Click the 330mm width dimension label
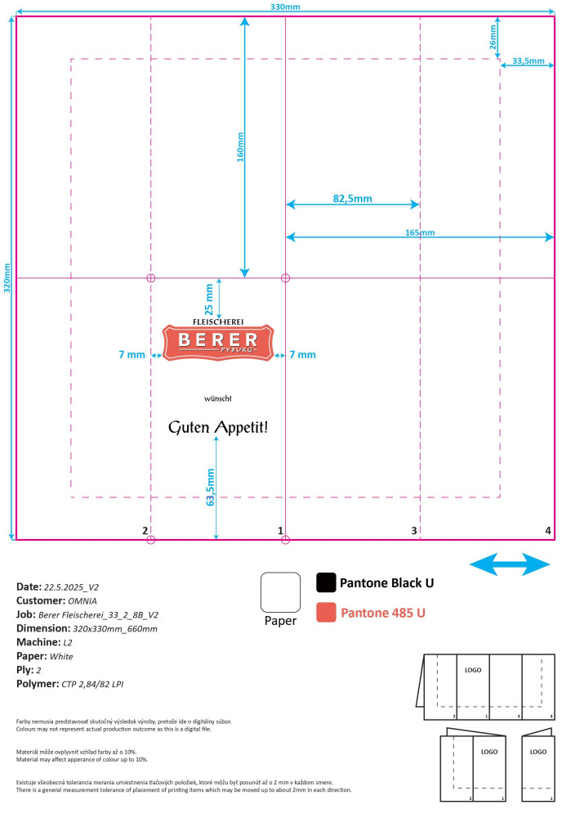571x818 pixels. [x=285, y=7]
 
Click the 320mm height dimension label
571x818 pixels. [x=8, y=279]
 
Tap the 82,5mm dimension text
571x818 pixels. [x=352, y=199]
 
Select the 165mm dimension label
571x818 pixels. [x=420, y=232]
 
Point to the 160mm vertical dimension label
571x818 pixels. [x=240, y=148]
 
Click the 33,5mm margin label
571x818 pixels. [x=528, y=61]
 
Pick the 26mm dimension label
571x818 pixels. [x=493, y=42]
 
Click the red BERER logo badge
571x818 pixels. [x=218, y=341]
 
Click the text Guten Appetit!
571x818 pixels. [x=218, y=427]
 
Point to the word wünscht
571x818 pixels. [x=218, y=398]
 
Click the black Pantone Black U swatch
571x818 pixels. [x=326, y=582]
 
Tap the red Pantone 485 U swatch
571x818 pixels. [x=326, y=612]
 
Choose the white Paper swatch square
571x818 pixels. [x=279, y=591]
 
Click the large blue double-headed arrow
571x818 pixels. [x=511, y=564]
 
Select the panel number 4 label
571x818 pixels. [x=548, y=531]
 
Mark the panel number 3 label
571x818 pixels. [x=414, y=531]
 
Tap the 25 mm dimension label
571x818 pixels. [x=209, y=299]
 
